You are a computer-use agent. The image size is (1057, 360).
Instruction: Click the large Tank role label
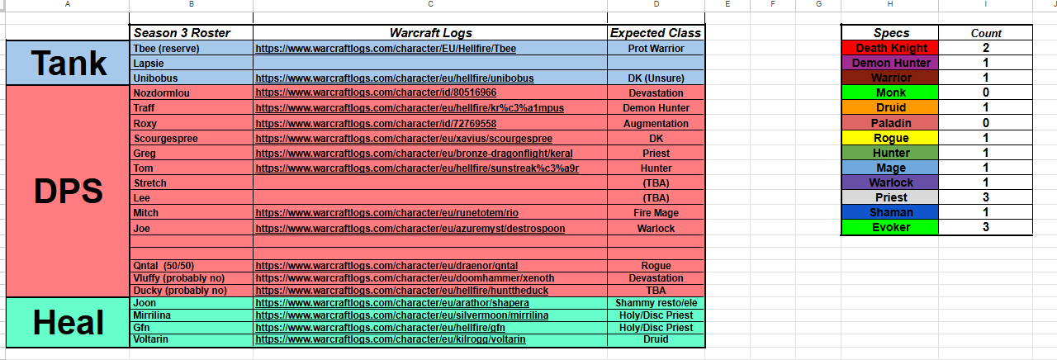click(68, 63)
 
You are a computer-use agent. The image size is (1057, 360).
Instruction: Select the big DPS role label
click(68, 192)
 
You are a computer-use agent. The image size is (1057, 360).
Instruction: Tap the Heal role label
click(68, 323)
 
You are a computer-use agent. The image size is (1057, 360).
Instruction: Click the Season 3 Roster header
click(182, 33)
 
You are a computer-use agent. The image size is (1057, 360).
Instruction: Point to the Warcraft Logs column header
click(430, 33)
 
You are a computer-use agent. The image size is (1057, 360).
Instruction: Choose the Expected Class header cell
click(656, 33)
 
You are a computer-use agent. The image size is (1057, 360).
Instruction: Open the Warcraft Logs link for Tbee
click(386, 49)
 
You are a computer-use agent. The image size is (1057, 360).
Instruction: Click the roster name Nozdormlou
click(161, 93)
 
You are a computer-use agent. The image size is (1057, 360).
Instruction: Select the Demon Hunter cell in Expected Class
click(656, 108)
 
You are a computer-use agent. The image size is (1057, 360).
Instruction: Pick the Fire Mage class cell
click(656, 213)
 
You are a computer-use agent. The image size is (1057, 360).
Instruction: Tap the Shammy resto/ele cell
click(656, 303)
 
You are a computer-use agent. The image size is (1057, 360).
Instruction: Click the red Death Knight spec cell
click(891, 48)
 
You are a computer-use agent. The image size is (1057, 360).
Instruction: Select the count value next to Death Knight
click(986, 48)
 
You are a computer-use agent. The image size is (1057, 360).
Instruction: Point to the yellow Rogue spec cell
click(891, 138)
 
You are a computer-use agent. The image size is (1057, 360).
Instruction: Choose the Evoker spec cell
click(891, 227)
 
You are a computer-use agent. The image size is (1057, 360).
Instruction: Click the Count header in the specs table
click(986, 33)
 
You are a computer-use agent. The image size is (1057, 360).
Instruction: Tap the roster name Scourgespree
click(165, 138)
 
